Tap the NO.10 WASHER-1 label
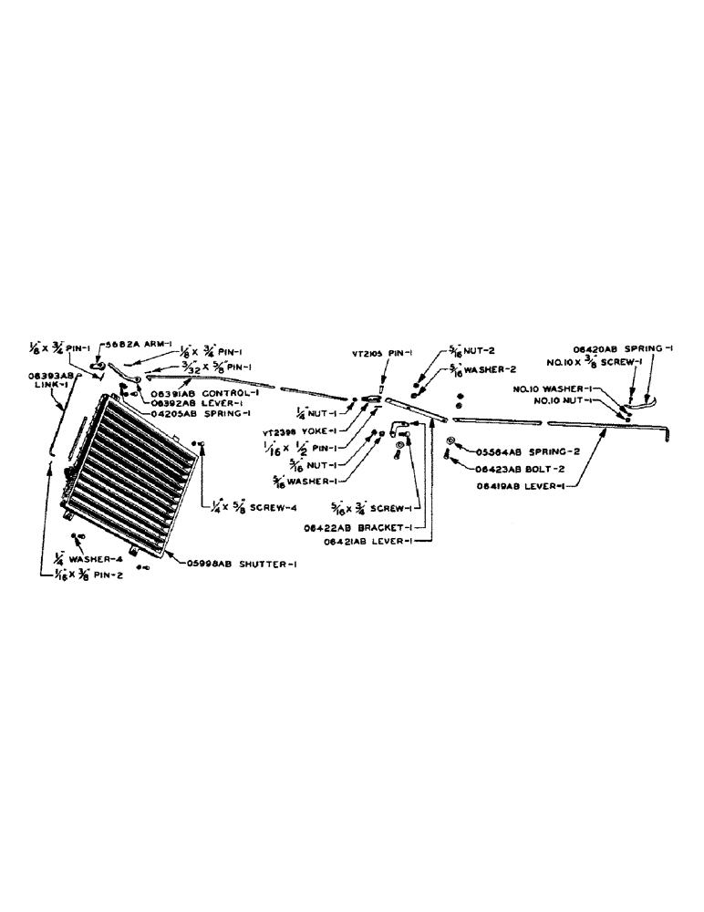[575, 389]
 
